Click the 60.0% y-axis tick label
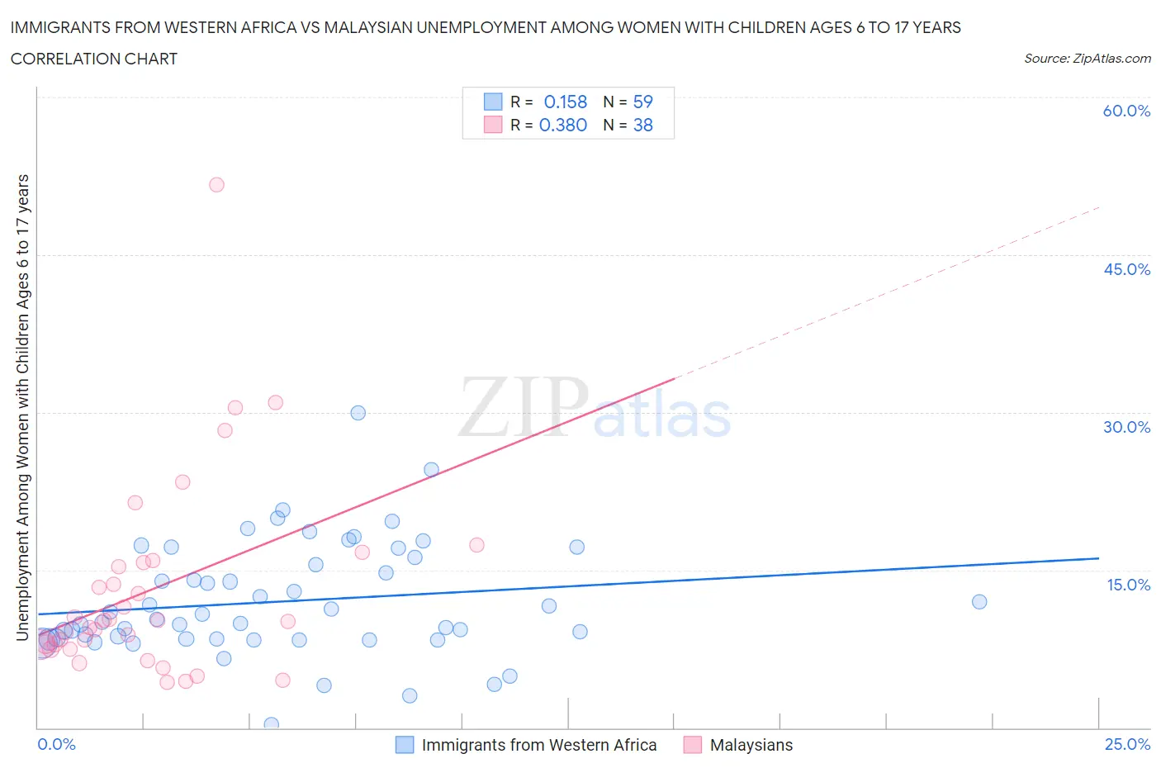[1126, 111]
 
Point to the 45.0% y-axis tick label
[1126, 269]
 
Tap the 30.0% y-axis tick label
[1126, 427]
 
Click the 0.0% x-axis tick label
[56, 744]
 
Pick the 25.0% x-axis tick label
[1127, 744]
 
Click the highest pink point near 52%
[216, 185]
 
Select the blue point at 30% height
[358, 413]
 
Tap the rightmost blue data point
[979, 602]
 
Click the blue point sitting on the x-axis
[271, 724]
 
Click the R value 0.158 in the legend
[565, 102]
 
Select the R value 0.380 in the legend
[563, 125]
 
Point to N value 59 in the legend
[642, 102]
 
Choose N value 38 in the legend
[642, 125]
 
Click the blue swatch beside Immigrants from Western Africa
[405, 745]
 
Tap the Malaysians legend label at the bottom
[751, 745]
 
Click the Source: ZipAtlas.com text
[1087, 59]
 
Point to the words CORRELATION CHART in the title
[94, 59]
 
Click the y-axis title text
[23, 407]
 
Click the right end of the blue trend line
[1097, 559]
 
